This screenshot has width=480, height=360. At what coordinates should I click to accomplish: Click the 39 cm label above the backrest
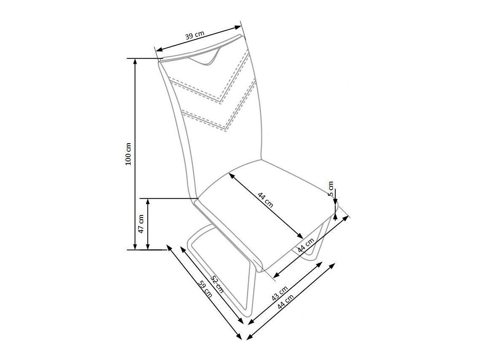pos(195,35)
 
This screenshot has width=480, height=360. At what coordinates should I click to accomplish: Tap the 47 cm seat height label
pos(141,224)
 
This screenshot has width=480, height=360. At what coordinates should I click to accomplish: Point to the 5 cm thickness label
pos(331,188)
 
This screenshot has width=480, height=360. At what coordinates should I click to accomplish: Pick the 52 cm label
pos(217,284)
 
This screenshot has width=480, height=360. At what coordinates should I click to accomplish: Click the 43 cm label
pos(280,293)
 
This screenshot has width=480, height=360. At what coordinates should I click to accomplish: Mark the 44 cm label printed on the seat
pos(266,199)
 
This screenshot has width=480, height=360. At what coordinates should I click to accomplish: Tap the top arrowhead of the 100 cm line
pos(135,60)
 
